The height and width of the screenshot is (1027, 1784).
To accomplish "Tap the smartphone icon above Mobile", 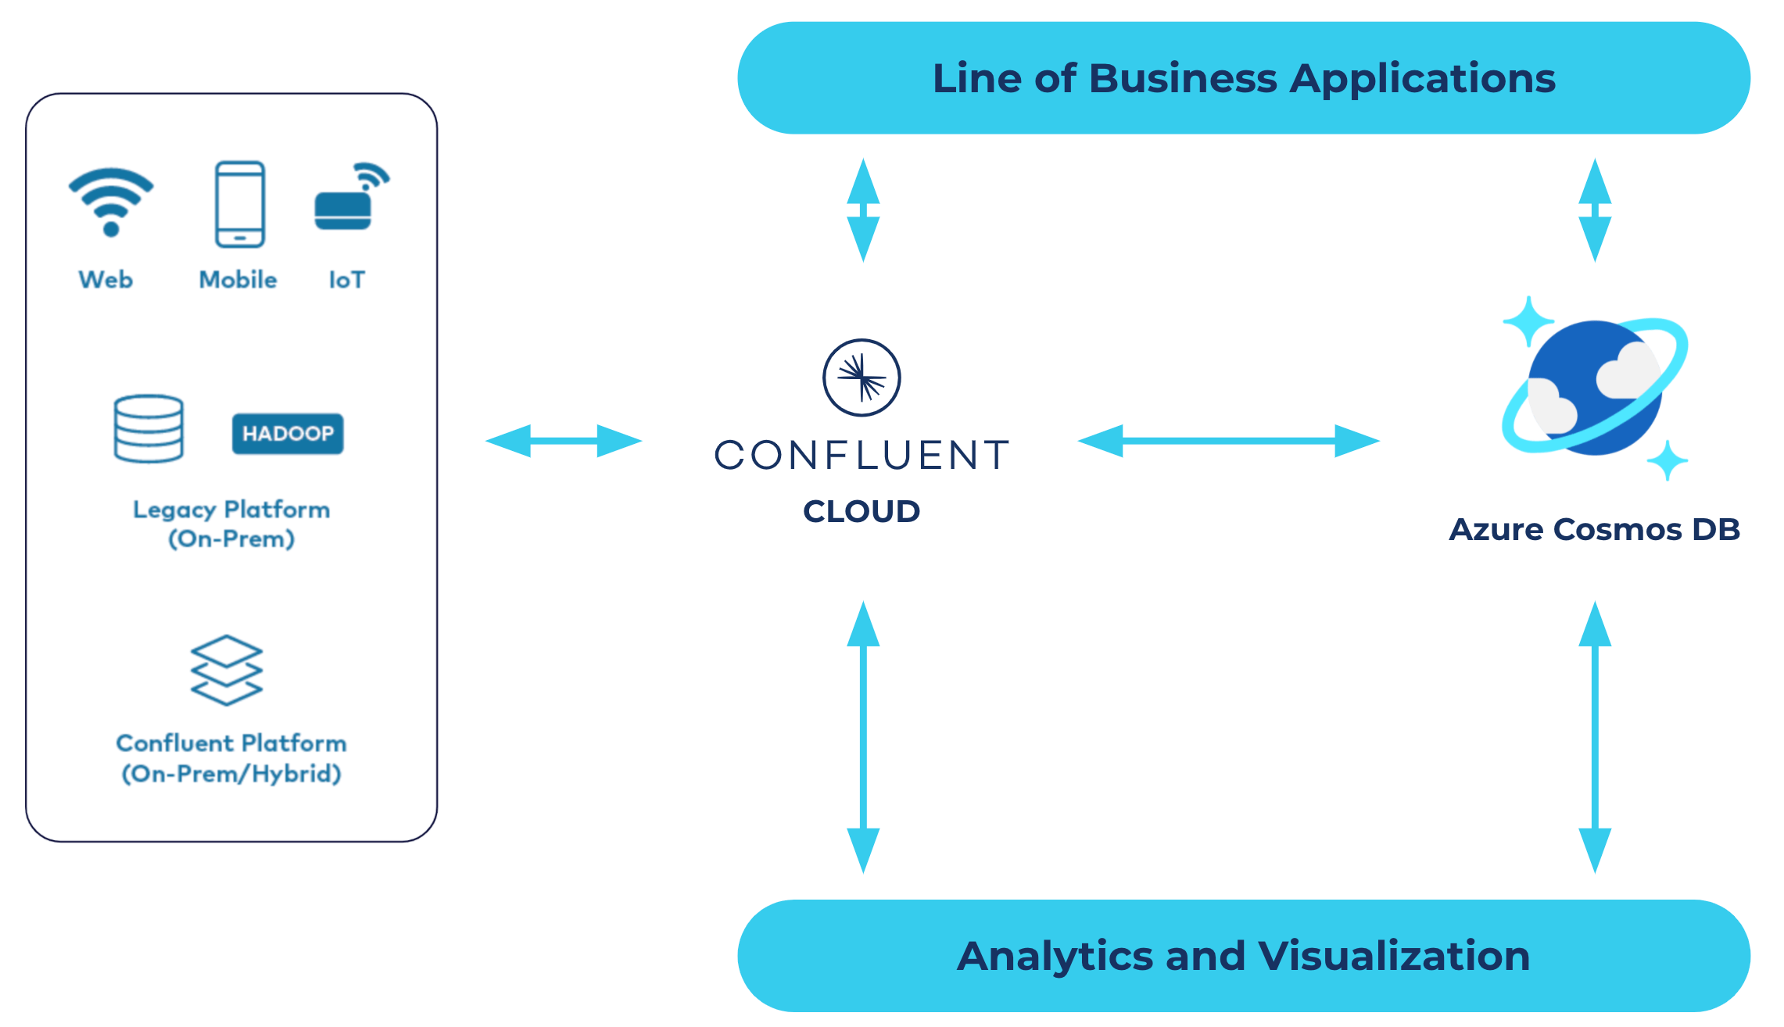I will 240,204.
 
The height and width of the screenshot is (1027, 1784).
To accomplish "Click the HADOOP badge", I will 288,434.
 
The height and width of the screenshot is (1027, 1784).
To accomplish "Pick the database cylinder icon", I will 149,429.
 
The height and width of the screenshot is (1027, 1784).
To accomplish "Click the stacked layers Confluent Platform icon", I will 227,671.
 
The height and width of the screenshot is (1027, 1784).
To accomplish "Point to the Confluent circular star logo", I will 862,378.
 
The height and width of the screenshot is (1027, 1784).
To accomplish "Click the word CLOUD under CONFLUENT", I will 862,511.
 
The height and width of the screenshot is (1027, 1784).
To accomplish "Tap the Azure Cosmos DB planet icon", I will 1595,388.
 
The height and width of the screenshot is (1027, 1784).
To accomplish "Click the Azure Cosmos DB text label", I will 1594,529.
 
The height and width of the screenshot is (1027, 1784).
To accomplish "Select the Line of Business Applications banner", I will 1243,78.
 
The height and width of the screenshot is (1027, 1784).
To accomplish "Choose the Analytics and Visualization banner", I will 1243,955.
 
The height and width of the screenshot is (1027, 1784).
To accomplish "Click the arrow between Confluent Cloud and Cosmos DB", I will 1228,441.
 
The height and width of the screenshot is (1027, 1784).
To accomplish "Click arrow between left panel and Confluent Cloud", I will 564,441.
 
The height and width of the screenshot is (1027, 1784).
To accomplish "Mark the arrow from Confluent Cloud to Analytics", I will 863,736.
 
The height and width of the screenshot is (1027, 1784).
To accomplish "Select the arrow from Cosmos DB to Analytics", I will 1595,736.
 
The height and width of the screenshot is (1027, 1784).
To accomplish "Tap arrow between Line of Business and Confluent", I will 863,209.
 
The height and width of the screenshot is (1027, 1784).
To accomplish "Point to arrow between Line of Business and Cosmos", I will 1595,209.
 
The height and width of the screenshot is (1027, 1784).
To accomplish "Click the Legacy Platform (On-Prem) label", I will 231,524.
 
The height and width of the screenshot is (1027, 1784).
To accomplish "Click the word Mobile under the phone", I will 238,280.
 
